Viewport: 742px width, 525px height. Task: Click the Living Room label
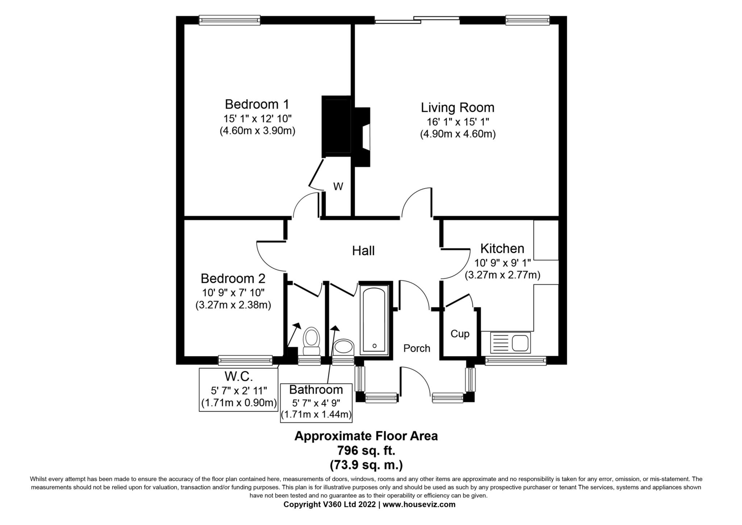457,108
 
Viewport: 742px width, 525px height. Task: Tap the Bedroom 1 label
257,104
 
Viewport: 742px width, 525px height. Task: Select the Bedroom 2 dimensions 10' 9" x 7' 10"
233,292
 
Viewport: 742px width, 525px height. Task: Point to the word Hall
363,251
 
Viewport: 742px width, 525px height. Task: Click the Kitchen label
502,249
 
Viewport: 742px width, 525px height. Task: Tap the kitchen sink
510,343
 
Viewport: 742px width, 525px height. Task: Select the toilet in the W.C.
311,341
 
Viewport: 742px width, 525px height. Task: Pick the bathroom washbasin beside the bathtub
343,347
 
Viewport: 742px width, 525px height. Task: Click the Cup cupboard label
460,334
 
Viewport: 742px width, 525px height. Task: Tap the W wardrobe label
338,187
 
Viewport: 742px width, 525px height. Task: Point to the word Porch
417,349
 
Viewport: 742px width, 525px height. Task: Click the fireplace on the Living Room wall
362,137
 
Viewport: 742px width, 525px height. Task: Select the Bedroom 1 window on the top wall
230,20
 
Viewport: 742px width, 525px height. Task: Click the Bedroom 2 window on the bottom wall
245,360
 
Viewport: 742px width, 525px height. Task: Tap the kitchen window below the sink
515,360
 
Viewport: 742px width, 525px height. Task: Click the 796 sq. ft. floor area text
366,451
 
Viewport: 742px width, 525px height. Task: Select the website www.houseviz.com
419,504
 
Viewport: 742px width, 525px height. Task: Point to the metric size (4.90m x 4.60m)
458,134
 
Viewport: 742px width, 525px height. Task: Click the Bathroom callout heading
316,390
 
